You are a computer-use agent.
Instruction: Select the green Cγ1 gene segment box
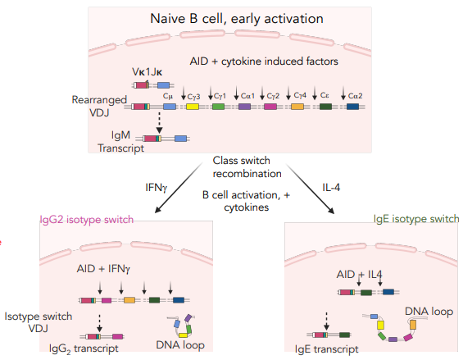click(219, 107)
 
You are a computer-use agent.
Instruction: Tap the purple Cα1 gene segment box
click(245, 107)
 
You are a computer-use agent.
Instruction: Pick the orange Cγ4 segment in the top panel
click(297, 107)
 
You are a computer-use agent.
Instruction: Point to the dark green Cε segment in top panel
click(325, 107)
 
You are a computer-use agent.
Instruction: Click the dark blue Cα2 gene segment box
click(352, 107)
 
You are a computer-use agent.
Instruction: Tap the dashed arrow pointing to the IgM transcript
click(158, 124)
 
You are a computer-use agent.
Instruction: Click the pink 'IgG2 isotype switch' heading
click(87, 220)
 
